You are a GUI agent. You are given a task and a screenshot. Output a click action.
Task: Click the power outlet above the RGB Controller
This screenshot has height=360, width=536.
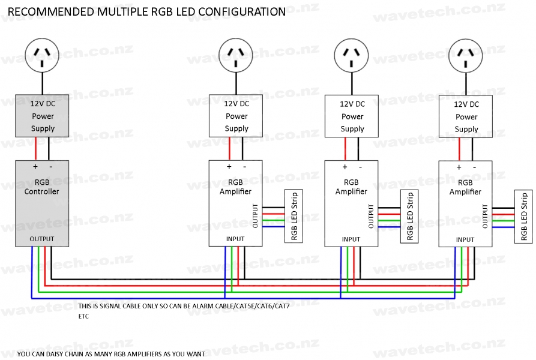tap(42, 55)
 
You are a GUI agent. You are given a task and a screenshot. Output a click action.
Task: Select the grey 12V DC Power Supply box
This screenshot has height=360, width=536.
tap(42, 116)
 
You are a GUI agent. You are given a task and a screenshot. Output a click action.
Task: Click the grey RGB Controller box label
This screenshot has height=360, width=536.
tap(42, 187)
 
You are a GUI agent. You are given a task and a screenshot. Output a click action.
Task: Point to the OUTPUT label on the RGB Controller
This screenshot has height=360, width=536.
tap(42, 239)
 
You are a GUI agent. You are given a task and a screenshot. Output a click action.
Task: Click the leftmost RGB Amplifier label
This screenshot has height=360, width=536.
tap(236, 187)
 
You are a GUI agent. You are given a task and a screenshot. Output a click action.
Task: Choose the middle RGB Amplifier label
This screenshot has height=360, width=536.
tap(352, 187)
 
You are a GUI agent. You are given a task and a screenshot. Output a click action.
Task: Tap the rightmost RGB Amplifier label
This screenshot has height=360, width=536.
tap(465, 187)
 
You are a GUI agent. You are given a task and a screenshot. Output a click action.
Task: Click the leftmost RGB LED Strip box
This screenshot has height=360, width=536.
tap(294, 216)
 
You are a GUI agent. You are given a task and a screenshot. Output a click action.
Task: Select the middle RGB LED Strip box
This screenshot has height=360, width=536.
tap(410, 216)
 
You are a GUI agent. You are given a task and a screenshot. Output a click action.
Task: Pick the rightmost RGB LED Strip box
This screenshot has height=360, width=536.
tap(523, 216)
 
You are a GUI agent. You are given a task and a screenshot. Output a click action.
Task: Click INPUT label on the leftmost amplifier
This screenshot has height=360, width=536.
tap(235, 239)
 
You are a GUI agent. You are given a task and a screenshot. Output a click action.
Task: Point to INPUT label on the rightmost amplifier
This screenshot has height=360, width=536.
tap(465, 239)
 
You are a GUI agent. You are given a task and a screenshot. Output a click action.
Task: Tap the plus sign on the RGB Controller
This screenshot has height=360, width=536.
tap(35, 166)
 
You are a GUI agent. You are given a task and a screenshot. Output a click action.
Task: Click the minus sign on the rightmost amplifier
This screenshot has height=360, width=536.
tap(474, 167)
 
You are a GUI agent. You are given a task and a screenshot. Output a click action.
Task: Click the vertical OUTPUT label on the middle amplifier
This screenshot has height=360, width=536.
tap(371, 216)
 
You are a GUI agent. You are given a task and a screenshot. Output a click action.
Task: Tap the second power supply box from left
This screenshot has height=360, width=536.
tap(236, 116)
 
